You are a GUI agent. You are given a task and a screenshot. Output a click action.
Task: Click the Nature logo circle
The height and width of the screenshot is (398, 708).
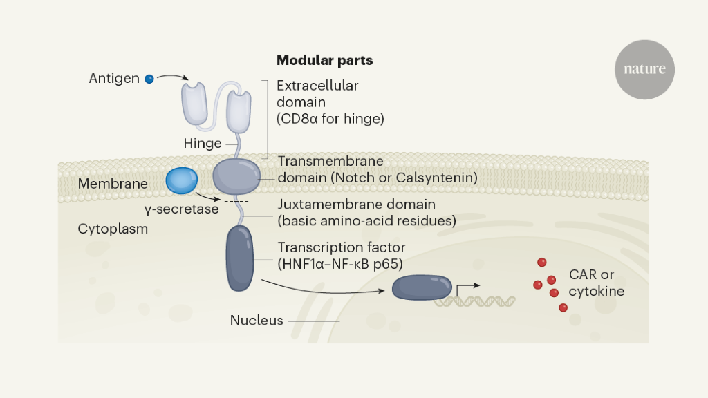coord(644,69)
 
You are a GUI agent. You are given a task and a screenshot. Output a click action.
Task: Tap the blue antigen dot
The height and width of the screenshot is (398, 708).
coord(149,79)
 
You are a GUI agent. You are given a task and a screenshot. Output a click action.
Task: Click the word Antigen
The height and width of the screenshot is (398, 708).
coord(114,79)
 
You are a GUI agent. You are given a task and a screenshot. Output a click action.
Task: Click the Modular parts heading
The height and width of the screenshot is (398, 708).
coord(324,61)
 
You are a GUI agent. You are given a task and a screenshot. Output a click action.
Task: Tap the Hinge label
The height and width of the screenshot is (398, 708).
coord(203,144)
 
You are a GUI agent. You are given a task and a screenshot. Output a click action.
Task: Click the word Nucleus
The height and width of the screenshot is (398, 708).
coord(257,321)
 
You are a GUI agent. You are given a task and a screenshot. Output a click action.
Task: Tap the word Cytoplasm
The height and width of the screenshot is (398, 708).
coord(113,229)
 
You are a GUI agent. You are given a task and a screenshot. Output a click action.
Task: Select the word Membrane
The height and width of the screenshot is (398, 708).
coord(113,184)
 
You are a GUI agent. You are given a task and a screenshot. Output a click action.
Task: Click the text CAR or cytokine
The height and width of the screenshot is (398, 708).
coord(596,283)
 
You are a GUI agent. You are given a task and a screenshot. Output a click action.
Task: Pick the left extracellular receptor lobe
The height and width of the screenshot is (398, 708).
coord(195,104)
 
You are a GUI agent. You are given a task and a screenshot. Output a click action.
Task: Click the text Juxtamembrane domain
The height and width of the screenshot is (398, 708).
coord(356,205)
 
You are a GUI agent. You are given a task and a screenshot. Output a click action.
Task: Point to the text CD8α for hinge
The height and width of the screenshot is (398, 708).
coord(330,119)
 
